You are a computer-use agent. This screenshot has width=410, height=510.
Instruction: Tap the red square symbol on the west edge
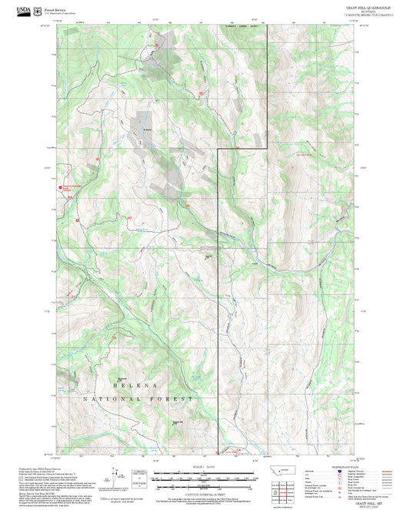(x=61, y=186)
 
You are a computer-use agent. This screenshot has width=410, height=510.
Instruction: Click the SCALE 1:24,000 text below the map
(x=205, y=466)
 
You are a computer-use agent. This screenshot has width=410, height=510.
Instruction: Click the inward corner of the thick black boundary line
(x=218, y=150)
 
